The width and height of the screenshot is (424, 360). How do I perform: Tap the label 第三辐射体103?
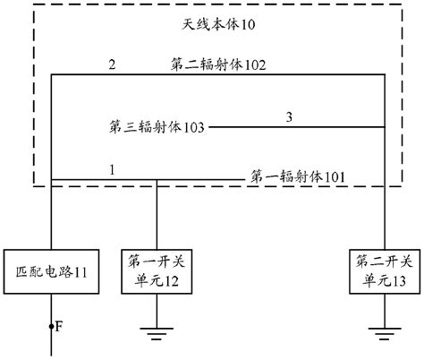click(155, 127)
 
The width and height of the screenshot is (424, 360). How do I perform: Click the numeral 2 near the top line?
click(112, 65)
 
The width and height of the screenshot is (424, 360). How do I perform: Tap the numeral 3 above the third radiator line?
click(288, 116)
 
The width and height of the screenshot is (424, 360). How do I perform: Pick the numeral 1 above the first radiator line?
click(112, 168)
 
